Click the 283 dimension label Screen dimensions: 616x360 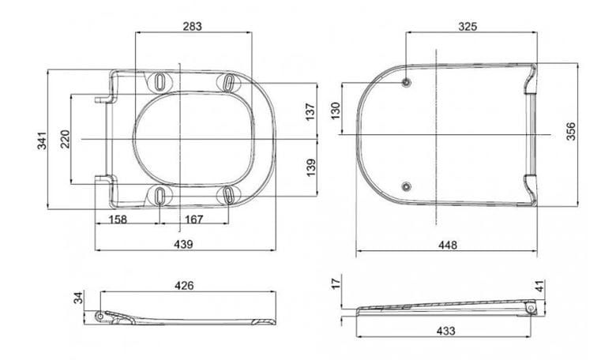193,26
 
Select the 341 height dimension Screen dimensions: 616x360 42,141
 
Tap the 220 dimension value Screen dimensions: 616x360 65,139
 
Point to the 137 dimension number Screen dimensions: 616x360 310,111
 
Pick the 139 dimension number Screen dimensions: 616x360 310,167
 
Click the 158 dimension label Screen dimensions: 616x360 118,219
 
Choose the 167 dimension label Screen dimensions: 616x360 193,219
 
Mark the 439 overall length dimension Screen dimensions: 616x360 183,244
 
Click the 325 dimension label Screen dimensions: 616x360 468,26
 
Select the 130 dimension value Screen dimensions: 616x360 335,111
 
